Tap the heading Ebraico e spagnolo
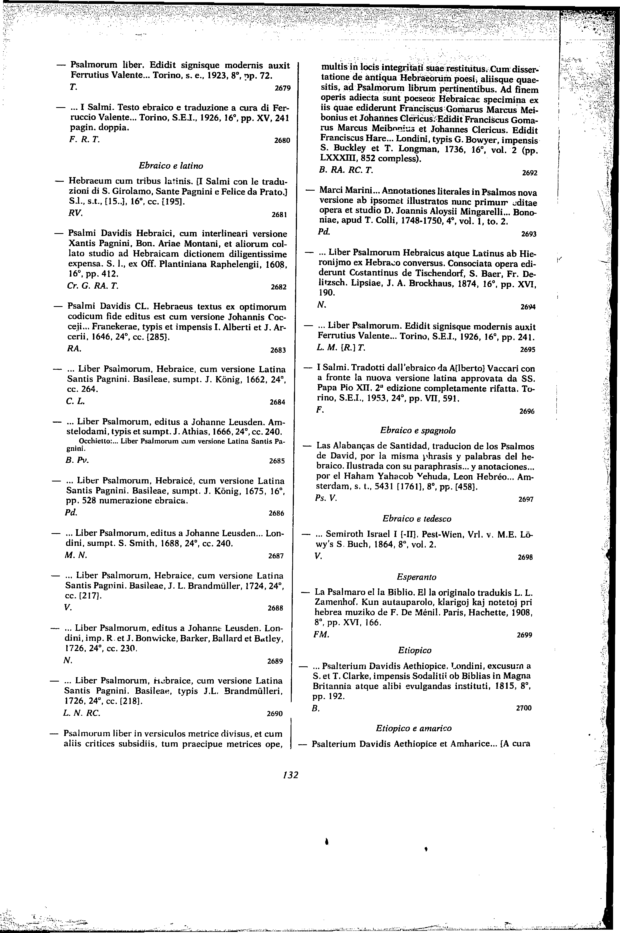(x=418, y=430)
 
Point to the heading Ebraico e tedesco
(x=417, y=518)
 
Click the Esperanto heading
(x=416, y=577)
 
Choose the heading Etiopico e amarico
(x=413, y=728)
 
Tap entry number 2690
(x=275, y=713)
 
